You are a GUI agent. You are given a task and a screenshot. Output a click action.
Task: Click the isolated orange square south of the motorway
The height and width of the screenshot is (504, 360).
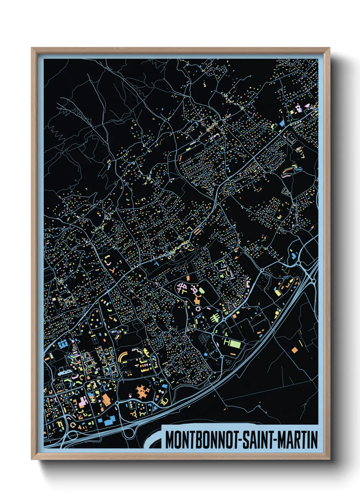294,349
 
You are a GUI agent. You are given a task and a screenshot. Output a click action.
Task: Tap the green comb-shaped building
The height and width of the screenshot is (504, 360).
215,318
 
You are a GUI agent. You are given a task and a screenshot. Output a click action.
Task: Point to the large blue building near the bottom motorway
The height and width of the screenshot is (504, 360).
109,421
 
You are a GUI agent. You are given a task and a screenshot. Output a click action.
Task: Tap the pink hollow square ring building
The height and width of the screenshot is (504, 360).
198,309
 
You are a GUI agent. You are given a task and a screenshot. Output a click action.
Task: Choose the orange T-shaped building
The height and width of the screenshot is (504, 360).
197,300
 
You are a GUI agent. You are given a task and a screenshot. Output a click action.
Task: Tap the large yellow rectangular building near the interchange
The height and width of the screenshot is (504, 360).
277,292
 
